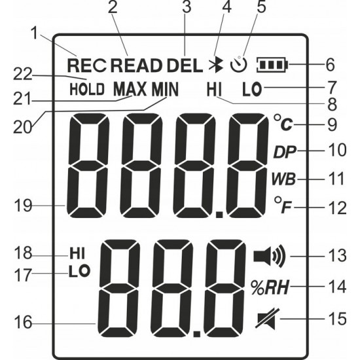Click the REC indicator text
87,65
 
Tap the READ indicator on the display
135,65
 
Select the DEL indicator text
185,65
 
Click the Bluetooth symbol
216,64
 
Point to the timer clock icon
239,65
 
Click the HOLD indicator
87,89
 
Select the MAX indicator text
130,89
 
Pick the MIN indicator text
165,89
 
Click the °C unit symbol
283,123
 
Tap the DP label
285,152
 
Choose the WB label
284,179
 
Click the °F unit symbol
283,205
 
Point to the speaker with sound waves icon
270,256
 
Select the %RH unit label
269,288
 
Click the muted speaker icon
268,319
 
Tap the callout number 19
23,206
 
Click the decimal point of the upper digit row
220,215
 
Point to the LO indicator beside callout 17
79,271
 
